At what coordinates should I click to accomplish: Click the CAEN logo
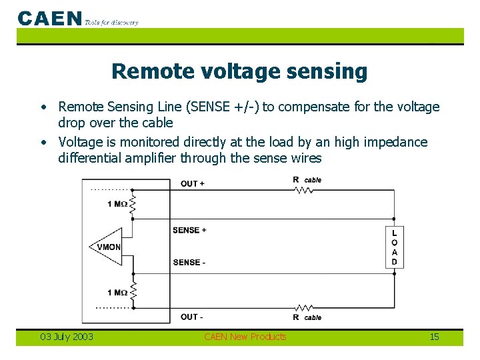click(50, 18)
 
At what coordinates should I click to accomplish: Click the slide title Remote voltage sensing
click(239, 71)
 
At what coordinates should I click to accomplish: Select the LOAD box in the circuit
click(394, 247)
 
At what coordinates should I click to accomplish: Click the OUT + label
click(193, 183)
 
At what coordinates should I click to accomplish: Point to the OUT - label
click(192, 317)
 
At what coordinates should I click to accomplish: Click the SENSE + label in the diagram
click(189, 230)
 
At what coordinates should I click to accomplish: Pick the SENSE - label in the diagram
click(189, 262)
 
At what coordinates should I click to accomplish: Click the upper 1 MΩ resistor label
click(117, 203)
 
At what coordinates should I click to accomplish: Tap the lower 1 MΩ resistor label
click(117, 293)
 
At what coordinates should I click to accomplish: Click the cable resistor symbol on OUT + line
click(303, 190)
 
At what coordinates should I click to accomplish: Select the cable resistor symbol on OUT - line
click(303, 307)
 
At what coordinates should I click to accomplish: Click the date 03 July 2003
click(67, 337)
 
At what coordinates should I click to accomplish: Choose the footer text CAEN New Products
click(245, 337)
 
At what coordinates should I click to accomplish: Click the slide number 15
click(434, 337)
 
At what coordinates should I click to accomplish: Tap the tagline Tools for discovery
click(111, 22)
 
